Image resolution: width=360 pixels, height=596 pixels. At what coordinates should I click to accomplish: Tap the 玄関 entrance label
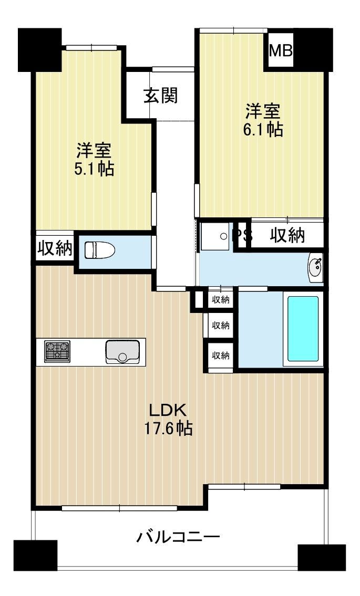[x=161, y=96]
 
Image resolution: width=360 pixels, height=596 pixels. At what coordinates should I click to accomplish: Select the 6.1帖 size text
[x=263, y=130]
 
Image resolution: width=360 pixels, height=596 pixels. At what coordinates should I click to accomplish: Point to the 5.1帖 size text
[x=94, y=169]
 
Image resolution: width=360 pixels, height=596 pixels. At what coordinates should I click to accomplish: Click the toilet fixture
[x=100, y=250]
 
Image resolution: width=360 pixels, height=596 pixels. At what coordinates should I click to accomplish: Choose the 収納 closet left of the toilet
[x=54, y=248]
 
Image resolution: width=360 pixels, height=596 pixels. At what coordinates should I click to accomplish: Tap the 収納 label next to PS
[x=287, y=236]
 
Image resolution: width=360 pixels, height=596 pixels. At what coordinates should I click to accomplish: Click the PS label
[x=242, y=235]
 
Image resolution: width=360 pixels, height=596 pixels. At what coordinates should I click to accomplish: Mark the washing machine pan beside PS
[x=214, y=236]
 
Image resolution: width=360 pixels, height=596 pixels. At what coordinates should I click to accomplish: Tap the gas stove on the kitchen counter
[x=57, y=351]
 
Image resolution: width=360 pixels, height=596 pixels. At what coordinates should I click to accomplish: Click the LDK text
[x=168, y=410]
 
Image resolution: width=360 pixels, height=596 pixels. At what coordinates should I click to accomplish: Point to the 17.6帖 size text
[x=168, y=429]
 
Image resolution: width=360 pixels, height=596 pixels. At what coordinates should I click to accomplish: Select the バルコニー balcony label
[x=178, y=537]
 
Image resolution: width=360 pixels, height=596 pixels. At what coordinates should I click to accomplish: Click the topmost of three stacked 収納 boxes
[x=221, y=300]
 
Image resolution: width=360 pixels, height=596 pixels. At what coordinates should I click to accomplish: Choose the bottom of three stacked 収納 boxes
[x=221, y=355]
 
